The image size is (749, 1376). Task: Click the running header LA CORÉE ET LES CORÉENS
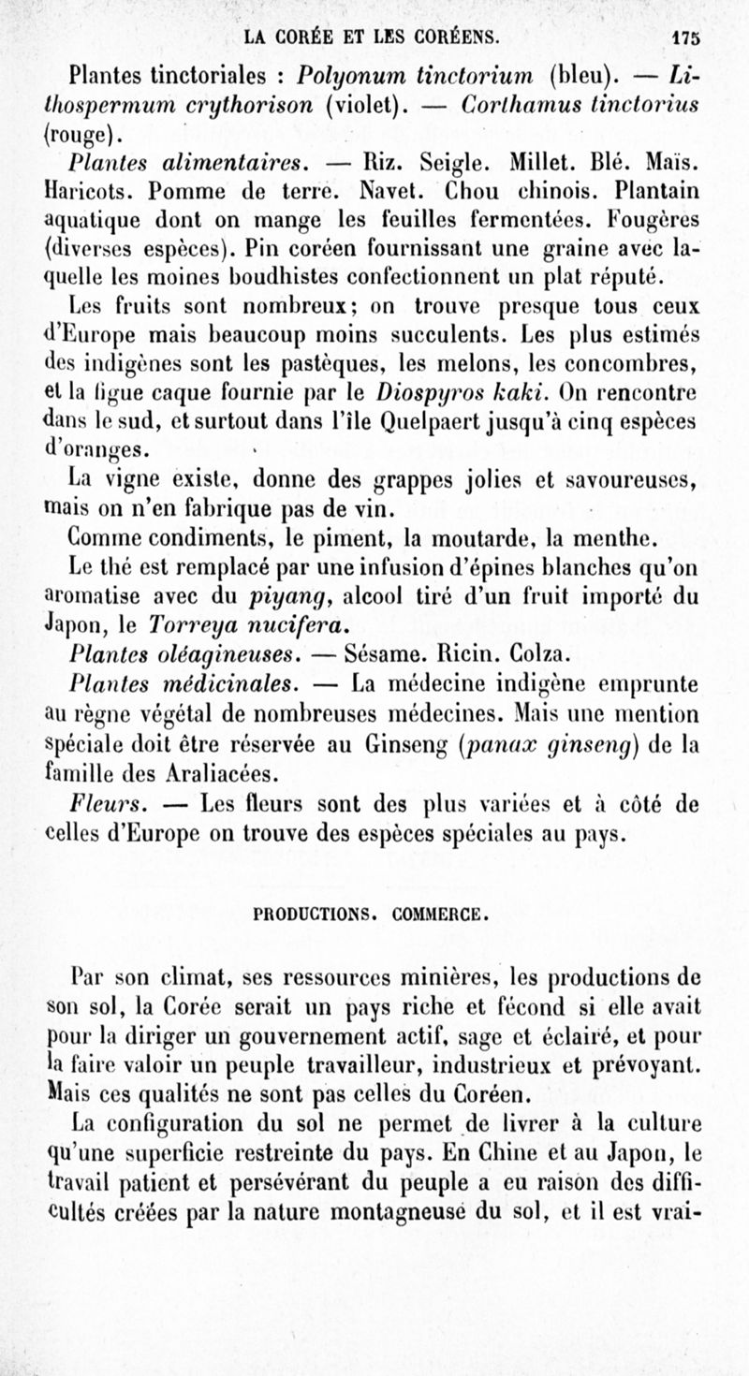point(371,38)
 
